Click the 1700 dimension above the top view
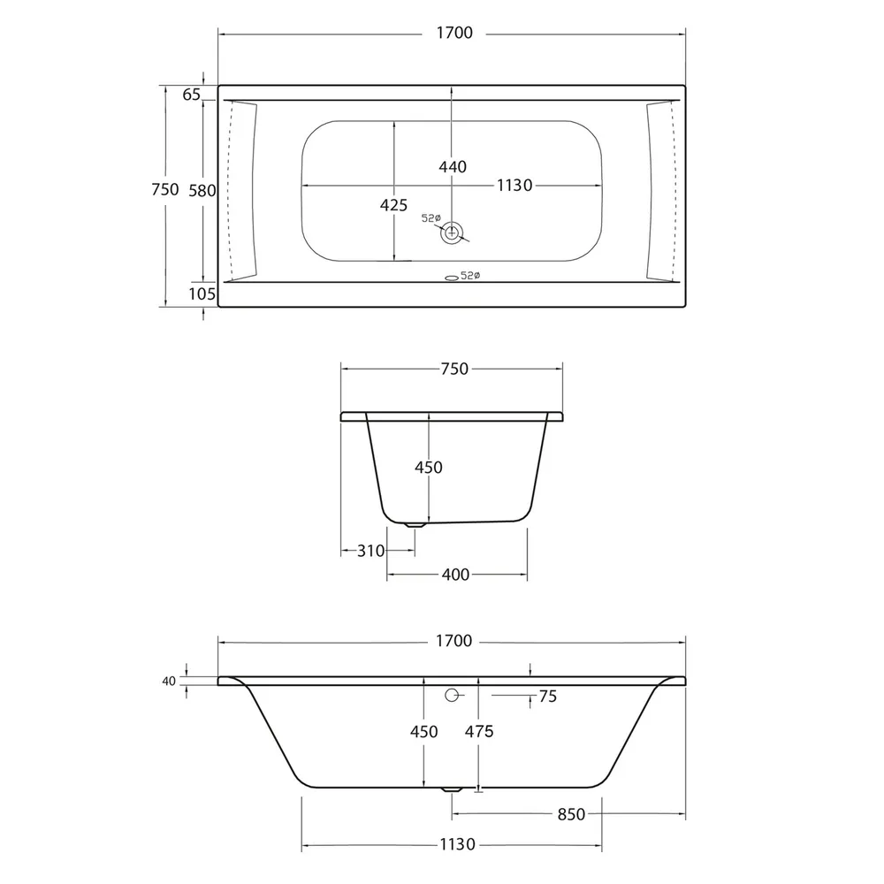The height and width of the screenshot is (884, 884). coord(453,34)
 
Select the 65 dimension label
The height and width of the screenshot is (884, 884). coord(192,95)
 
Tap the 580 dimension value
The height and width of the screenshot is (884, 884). coord(202,189)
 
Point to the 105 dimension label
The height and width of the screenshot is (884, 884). coord(202,293)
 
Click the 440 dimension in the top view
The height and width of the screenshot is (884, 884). coord(452,166)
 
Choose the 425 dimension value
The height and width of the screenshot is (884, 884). coord(393,205)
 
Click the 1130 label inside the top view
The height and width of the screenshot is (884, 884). coord(514,185)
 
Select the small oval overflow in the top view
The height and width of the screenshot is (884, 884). coord(451,277)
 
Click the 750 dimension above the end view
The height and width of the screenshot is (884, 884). coord(453,369)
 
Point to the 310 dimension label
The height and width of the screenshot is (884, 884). coord(371,551)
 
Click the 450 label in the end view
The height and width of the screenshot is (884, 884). coord(429,467)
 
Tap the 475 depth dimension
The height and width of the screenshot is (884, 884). coord(478,731)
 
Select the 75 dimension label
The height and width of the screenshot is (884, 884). coord(547,697)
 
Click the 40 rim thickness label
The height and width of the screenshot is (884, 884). coord(168,681)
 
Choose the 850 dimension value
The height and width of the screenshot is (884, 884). coord(571,813)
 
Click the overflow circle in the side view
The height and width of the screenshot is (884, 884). coord(453,695)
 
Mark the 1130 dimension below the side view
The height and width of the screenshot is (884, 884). coord(459,844)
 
